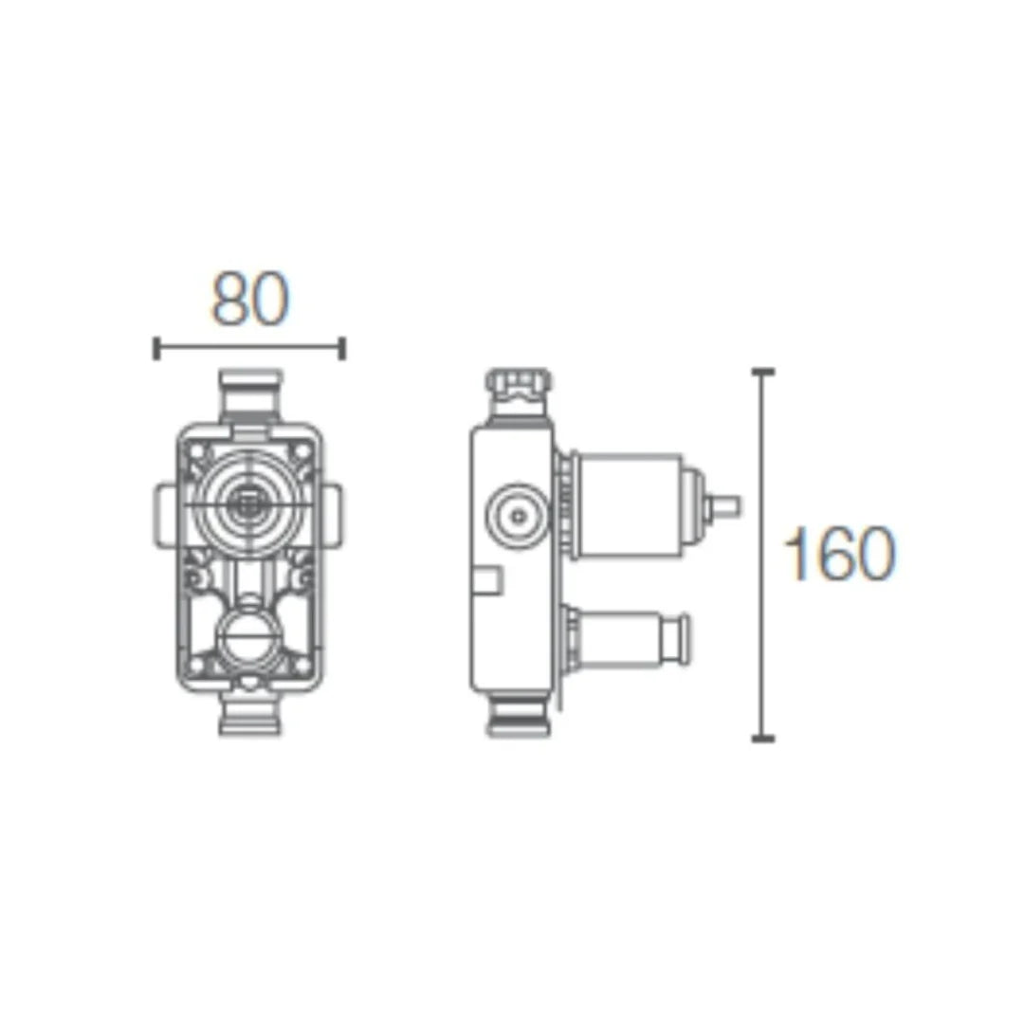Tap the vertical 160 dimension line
tap(762, 555)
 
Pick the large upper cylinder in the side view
tap(630, 504)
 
